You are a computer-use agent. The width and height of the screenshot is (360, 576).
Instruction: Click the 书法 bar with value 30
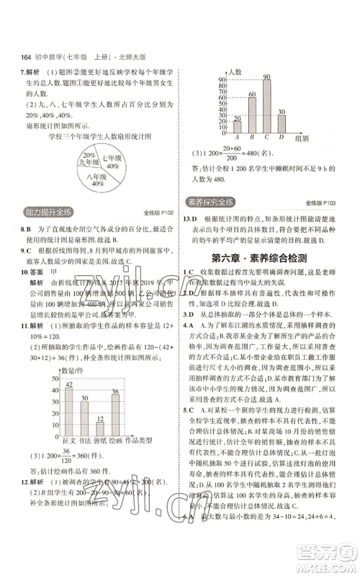(x=85, y=413)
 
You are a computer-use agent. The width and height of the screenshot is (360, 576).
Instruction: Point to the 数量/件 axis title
(x=68, y=369)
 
